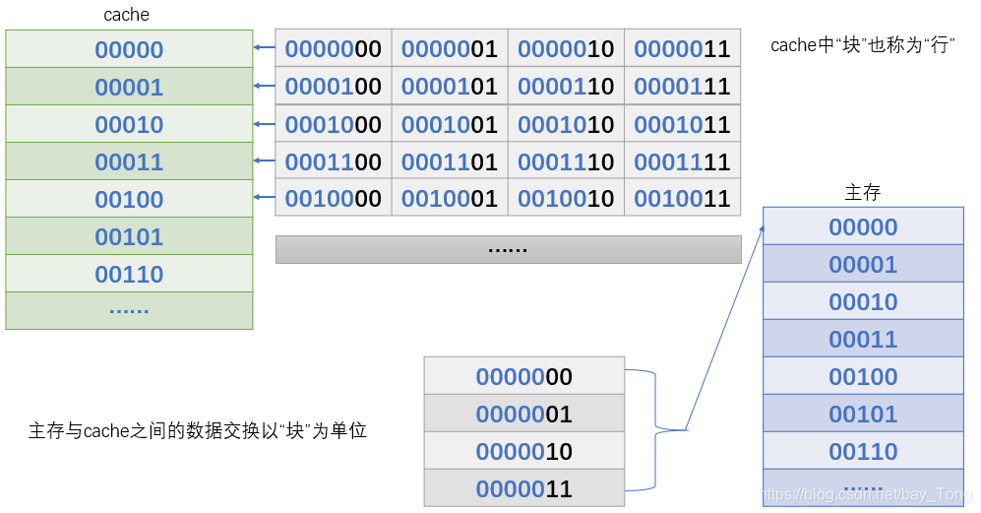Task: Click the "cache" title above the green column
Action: pos(126,16)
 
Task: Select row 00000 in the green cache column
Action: pos(129,49)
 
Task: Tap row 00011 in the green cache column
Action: pos(129,161)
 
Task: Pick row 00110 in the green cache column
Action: pos(129,274)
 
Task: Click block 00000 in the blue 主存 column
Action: pos(863,226)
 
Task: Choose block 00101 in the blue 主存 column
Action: pos(863,414)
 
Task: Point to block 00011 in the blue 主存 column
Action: pos(863,339)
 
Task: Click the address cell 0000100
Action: pos(334,87)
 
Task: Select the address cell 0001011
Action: pos(682,124)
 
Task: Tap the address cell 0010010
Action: pos(566,199)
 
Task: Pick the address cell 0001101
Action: pos(450,161)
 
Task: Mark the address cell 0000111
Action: pos(682,87)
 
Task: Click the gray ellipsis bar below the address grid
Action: pos(508,249)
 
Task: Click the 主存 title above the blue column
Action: pos(863,192)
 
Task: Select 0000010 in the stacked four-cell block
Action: pos(523,451)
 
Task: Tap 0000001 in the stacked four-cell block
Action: pos(523,414)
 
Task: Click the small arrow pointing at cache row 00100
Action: pos(264,199)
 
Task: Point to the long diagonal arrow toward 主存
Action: pos(726,325)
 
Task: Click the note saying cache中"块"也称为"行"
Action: pos(863,45)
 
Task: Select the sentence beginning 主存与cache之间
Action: pos(197,430)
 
